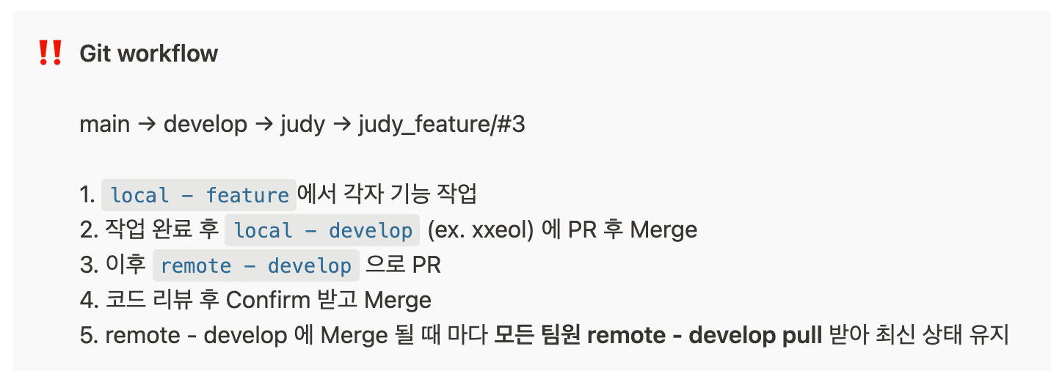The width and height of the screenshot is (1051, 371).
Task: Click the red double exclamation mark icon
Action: point(50,54)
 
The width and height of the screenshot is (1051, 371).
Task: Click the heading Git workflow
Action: point(148,54)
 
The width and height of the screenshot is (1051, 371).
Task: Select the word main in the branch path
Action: point(104,125)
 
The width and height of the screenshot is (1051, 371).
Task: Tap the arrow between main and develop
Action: point(146,125)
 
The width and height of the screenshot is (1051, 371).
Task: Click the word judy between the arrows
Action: point(302,125)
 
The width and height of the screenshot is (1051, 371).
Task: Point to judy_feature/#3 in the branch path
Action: point(442,125)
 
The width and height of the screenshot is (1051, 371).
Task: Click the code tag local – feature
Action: point(199,195)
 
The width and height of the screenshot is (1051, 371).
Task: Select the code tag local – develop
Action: point(322,230)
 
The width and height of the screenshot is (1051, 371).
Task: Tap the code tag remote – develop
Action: point(255,265)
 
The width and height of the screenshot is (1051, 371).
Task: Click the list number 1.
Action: point(87,195)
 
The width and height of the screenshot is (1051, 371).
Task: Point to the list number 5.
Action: point(87,335)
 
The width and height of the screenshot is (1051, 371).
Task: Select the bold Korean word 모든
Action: point(514,335)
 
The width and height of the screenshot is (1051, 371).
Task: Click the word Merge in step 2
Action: point(663,230)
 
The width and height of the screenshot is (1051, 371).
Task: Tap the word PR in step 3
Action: point(426,265)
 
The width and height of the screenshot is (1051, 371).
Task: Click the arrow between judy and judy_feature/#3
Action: point(341,125)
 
